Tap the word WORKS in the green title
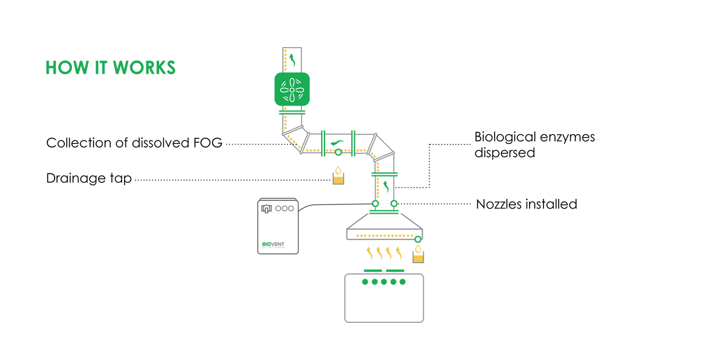pyautogui.click(x=143, y=67)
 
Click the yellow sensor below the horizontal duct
pyautogui.click(x=338, y=175)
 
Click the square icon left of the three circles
pyautogui.click(x=267, y=208)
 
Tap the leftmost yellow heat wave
pyautogui.click(x=369, y=253)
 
